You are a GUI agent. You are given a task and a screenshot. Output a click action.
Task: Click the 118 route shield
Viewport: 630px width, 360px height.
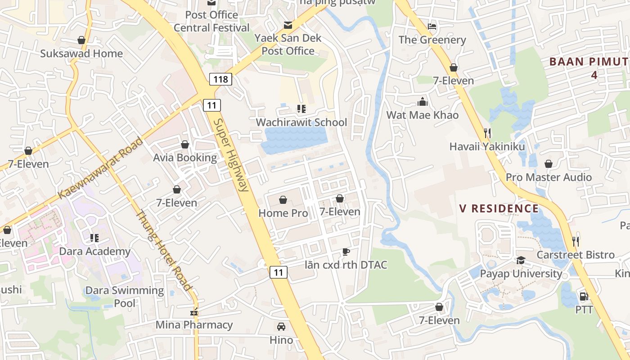220,80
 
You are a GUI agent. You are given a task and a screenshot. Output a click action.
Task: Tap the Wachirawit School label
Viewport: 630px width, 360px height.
301,122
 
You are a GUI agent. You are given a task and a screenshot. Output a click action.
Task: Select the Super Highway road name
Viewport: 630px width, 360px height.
231,155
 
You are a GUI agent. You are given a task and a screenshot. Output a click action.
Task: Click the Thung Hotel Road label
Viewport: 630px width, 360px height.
164,251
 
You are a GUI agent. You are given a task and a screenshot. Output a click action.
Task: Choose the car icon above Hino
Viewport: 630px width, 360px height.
281,326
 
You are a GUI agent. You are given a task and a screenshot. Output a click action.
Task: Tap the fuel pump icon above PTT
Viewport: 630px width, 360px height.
584,296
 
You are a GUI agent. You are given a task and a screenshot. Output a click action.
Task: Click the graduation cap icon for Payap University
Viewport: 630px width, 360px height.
521,260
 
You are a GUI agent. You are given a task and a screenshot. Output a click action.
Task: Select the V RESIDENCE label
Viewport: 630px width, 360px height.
499,208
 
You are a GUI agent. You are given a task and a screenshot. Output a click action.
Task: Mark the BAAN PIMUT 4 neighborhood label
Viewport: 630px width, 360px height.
589,68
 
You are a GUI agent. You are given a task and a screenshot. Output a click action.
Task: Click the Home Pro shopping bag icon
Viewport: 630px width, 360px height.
283,199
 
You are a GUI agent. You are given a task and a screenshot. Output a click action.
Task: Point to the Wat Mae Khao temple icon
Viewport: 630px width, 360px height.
422,101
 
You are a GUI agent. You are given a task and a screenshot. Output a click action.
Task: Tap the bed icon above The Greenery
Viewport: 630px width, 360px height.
432,26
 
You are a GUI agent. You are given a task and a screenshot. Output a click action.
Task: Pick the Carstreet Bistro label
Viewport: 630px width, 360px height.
576,255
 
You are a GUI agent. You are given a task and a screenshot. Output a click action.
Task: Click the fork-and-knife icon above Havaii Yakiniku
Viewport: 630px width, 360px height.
487,133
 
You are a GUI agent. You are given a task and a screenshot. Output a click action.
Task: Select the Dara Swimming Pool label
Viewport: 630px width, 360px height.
125,296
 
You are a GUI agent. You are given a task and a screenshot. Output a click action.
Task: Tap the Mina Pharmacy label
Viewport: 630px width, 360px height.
194,324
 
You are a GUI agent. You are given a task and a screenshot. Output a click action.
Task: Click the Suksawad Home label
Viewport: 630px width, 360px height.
81,54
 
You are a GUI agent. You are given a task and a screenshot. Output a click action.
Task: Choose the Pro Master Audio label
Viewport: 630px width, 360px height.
549,177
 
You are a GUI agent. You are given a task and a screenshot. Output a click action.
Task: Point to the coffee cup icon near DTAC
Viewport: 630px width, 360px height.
346,252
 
